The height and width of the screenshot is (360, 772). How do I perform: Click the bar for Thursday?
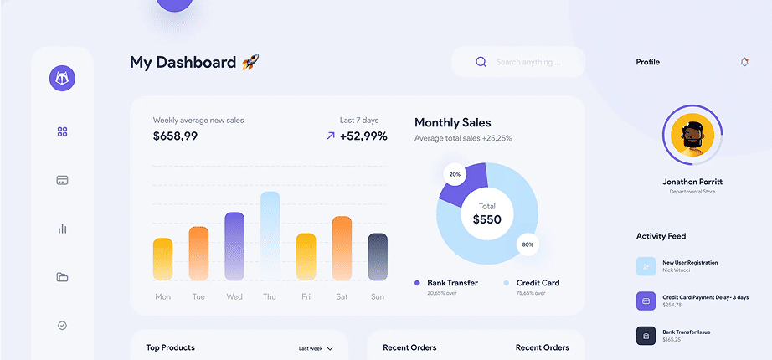click(x=270, y=236)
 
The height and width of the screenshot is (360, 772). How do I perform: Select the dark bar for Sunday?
click(x=378, y=257)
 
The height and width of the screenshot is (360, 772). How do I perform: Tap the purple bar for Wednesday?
click(x=234, y=246)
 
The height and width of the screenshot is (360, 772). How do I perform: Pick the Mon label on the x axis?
click(x=163, y=296)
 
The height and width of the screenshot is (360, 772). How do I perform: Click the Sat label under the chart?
click(x=342, y=296)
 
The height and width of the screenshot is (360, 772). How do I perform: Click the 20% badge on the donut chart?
click(x=455, y=174)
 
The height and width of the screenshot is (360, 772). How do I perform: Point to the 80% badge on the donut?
click(x=528, y=244)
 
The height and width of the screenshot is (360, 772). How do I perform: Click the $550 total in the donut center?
click(x=486, y=219)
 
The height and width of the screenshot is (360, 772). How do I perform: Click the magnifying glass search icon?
click(x=481, y=62)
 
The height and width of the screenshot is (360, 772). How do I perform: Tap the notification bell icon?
click(x=744, y=62)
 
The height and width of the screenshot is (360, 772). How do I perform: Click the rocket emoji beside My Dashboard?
click(x=250, y=62)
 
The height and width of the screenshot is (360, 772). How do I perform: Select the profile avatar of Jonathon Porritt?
click(x=692, y=136)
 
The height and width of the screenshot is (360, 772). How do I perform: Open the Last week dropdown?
click(x=316, y=348)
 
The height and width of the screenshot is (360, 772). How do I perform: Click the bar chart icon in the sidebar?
click(x=62, y=229)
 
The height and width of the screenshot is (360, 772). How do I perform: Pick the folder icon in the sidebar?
click(x=62, y=277)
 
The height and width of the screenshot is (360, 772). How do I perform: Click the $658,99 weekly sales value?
click(x=175, y=136)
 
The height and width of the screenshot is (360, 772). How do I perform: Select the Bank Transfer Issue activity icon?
click(x=646, y=336)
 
